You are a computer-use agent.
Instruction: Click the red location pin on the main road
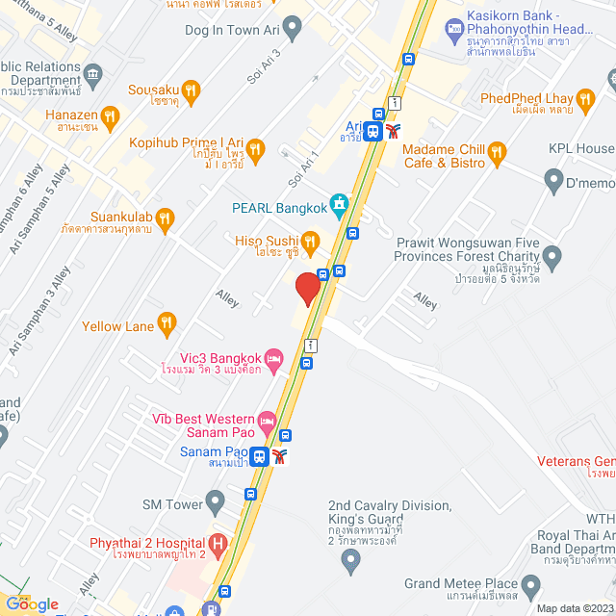click(307, 289)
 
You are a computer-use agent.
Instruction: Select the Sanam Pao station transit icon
click(259, 456)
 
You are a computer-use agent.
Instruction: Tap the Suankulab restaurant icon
click(164, 218)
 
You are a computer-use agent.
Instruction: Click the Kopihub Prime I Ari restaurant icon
click(255, 148)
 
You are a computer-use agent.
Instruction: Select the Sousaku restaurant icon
click(191, 91)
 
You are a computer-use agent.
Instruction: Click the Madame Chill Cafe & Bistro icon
click(497, 151)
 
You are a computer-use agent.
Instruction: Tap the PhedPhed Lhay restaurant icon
click(584, 97)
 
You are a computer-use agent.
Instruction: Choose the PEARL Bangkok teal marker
click(339, 204)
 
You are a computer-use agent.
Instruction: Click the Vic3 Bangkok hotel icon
click(273, 357)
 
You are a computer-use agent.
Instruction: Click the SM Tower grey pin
click(215, 502)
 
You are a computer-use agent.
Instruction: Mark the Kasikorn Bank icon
click(454, 28)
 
